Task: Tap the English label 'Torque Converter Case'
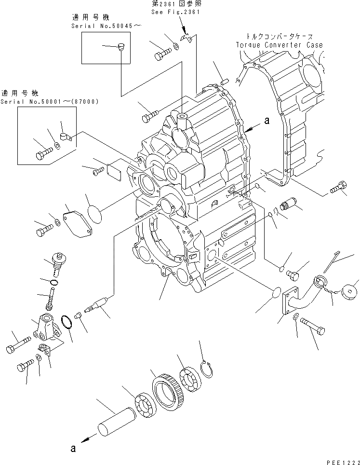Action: [280, 45]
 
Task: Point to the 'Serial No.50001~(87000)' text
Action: [50, 102]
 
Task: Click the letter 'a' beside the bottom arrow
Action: [73, 448]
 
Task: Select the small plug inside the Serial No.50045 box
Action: [120, 47]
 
